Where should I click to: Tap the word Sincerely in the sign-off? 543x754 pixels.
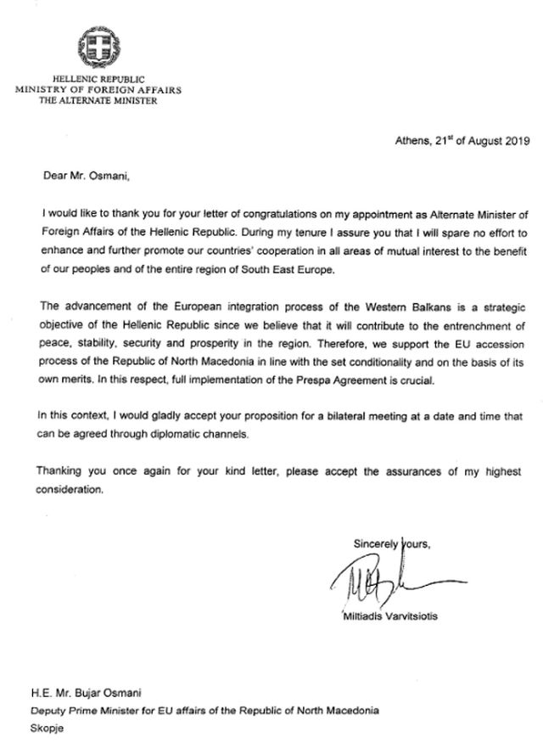click(376, 542)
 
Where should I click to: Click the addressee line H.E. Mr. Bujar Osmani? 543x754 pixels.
click(95, 694)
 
